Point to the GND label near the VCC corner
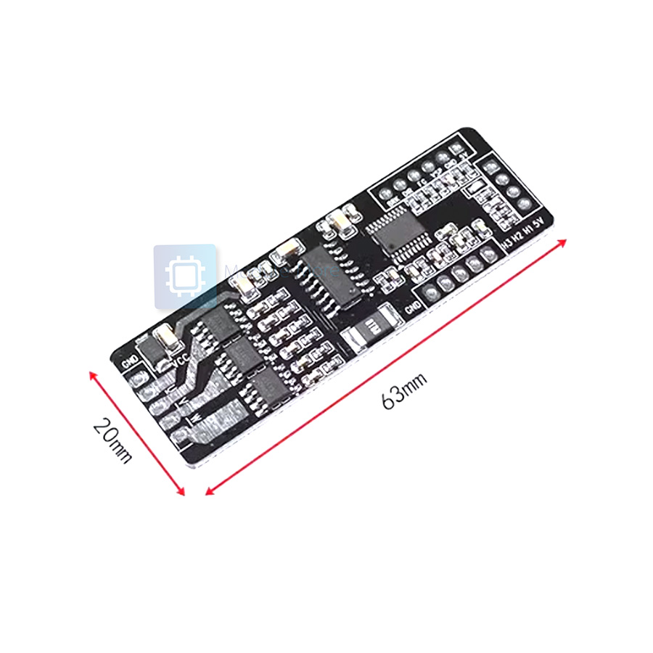click(x=128, y=361)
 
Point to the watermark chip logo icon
click(x=184, y=276)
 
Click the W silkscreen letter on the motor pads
click(x=190, y=419)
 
